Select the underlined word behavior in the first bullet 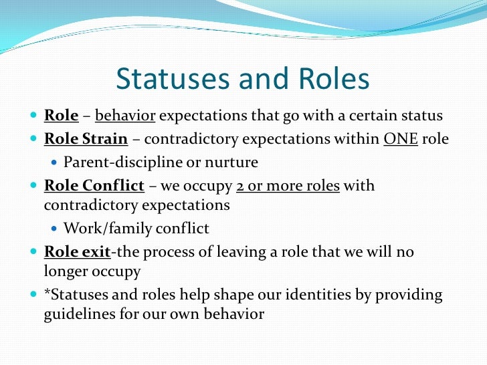pyautogui.click(x=125, y=116)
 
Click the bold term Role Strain pyautogui.click(x=86, y=139)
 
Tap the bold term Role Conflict pyautogui.click(x=94, y=185)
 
